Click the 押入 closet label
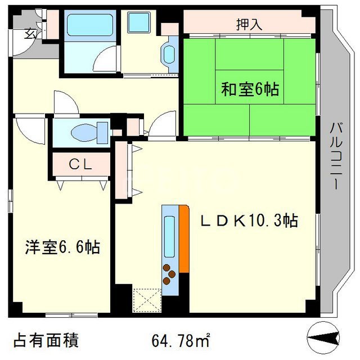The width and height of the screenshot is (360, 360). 249,25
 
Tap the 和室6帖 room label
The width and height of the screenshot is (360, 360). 250,89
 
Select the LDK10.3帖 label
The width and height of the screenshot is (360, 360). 249,220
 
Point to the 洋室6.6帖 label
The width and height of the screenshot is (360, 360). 62,247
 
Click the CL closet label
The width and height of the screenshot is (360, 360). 80,164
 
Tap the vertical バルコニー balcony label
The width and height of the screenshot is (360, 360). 336,156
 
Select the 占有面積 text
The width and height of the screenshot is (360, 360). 46,340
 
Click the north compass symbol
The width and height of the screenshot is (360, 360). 323,338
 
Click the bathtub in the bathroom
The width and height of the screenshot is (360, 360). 90,25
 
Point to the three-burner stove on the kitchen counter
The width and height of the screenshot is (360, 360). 169,274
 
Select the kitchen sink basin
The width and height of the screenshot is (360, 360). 169,236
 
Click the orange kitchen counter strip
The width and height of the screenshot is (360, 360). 184,238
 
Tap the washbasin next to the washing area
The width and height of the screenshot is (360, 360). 170,55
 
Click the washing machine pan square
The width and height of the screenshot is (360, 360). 139,22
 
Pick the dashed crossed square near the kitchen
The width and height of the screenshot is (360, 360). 147,300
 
